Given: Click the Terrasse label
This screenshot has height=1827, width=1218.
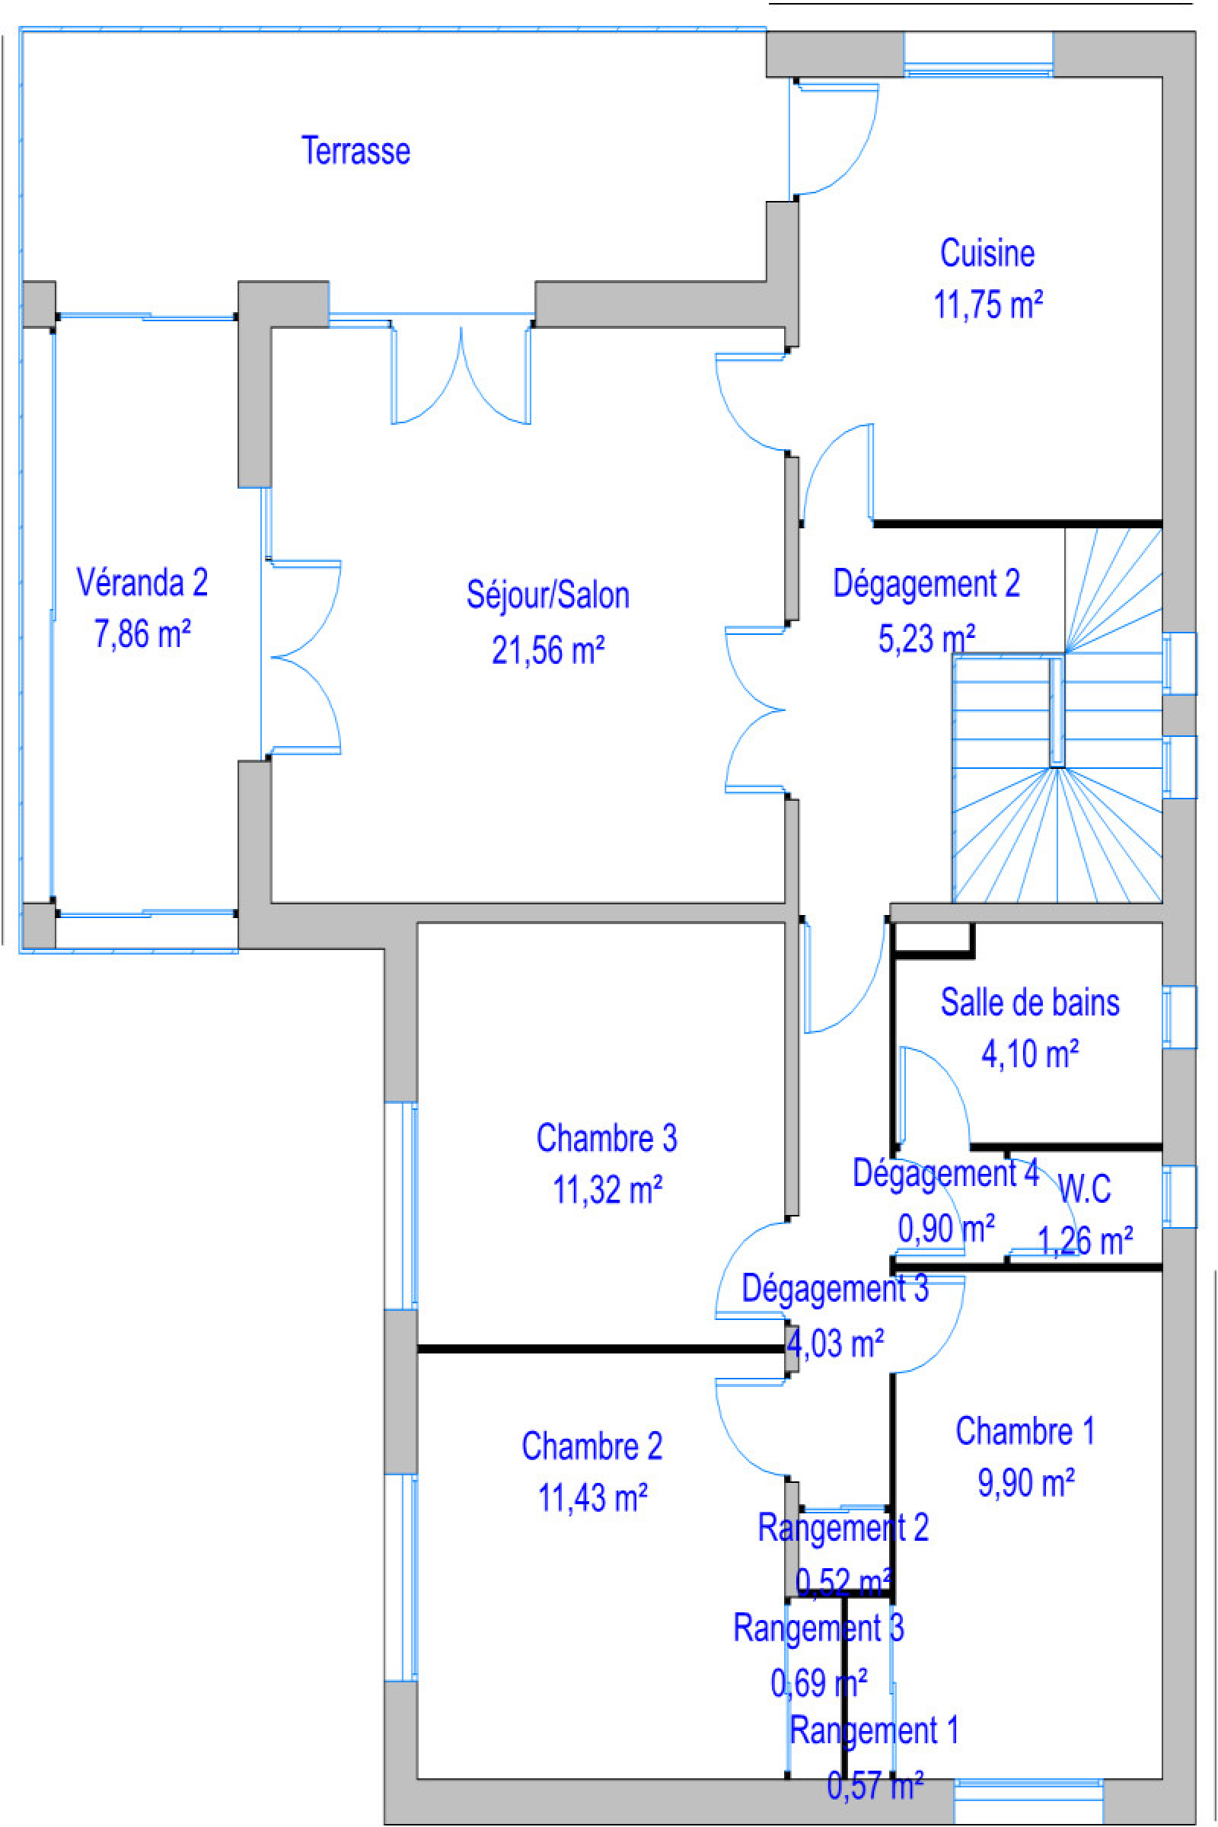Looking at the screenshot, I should pos(355,151).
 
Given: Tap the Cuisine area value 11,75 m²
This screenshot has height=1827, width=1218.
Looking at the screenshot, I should pos(987,304).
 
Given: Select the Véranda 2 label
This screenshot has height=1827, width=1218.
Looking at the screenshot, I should pos(142,582).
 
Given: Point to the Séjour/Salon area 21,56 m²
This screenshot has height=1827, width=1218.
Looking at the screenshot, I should pos(547,650).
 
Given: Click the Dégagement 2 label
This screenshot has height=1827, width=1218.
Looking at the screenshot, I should pos(926,584).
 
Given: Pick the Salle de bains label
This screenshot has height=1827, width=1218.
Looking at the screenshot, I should pos(1030,1003).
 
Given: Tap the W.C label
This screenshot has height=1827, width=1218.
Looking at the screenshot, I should pos(1084,1188).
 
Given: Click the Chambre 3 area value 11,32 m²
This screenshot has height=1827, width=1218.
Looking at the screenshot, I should pos(607,1190).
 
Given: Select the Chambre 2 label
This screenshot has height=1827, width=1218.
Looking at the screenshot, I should pos(592,1447).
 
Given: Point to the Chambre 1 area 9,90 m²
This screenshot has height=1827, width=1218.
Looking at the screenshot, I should pos(1025,1484).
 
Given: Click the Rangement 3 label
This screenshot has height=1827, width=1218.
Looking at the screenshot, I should pos(819,1628).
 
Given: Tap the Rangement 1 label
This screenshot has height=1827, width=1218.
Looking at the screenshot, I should pos(874,1730).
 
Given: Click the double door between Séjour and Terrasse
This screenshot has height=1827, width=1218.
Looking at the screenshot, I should pos(461,373).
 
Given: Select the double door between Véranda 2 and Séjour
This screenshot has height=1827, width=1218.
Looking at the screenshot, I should pos(303,657).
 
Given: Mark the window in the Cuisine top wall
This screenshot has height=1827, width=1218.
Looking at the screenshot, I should pos(978,54).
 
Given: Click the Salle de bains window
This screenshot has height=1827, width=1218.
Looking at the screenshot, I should pos(1179,1017).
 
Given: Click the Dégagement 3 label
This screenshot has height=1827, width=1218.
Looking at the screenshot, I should pos(835,1289).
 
